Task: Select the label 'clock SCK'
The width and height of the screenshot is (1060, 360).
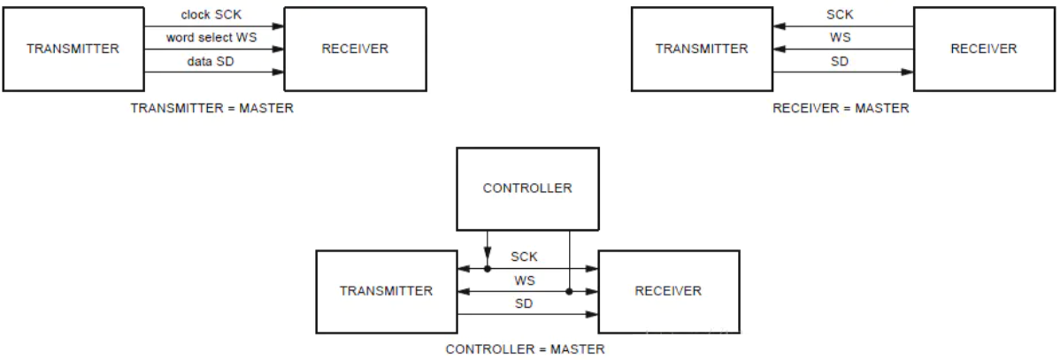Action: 211,14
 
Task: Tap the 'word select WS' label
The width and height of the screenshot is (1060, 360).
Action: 211,38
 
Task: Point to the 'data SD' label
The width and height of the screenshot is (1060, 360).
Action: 211,61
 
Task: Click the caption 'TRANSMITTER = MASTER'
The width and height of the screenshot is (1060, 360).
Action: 212,108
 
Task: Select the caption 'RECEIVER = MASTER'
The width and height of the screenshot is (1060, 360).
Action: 841,108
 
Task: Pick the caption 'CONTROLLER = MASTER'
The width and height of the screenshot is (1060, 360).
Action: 526,349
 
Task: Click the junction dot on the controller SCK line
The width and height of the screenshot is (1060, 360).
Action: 487,269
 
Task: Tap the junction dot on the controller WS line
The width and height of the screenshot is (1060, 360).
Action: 569,292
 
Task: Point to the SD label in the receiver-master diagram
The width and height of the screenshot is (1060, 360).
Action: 840,61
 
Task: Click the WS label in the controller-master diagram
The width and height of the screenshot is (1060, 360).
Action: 525,280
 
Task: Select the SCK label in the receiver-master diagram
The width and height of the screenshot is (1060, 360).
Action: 840,15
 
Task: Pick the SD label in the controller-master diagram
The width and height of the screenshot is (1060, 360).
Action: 524,304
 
